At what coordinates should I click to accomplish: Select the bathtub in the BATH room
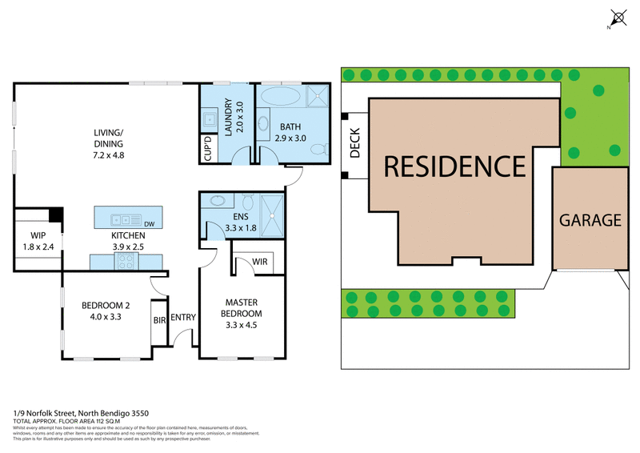280,98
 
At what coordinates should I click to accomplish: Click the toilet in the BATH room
318,149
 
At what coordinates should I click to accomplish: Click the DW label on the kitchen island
149,223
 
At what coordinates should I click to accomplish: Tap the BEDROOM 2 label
107,310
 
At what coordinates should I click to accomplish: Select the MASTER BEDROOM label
241,314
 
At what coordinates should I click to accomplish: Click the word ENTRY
183,318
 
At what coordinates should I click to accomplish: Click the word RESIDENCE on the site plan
454,166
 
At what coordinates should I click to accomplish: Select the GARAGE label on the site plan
590,220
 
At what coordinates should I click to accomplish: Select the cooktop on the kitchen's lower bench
127,261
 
